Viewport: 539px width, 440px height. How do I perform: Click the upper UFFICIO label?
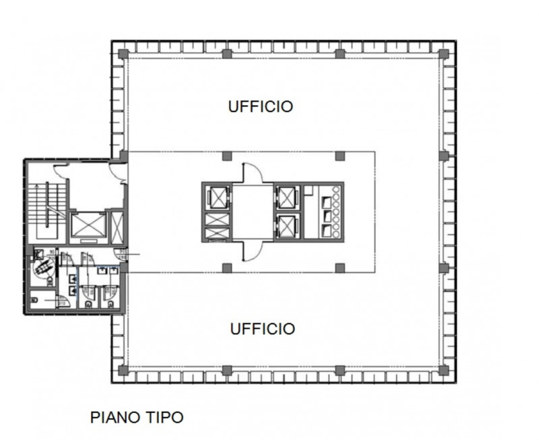click(260, 106)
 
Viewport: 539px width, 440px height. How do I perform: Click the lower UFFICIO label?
click(262, 329)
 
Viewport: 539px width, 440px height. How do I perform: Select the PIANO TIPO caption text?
click(136, 417)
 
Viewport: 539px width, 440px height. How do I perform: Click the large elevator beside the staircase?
click(88, 225)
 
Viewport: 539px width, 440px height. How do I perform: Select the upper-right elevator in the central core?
click(286, 197)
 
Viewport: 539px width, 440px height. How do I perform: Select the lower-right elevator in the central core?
click(286, 224)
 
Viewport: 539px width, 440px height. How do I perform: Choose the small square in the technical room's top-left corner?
click(308, 191)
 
